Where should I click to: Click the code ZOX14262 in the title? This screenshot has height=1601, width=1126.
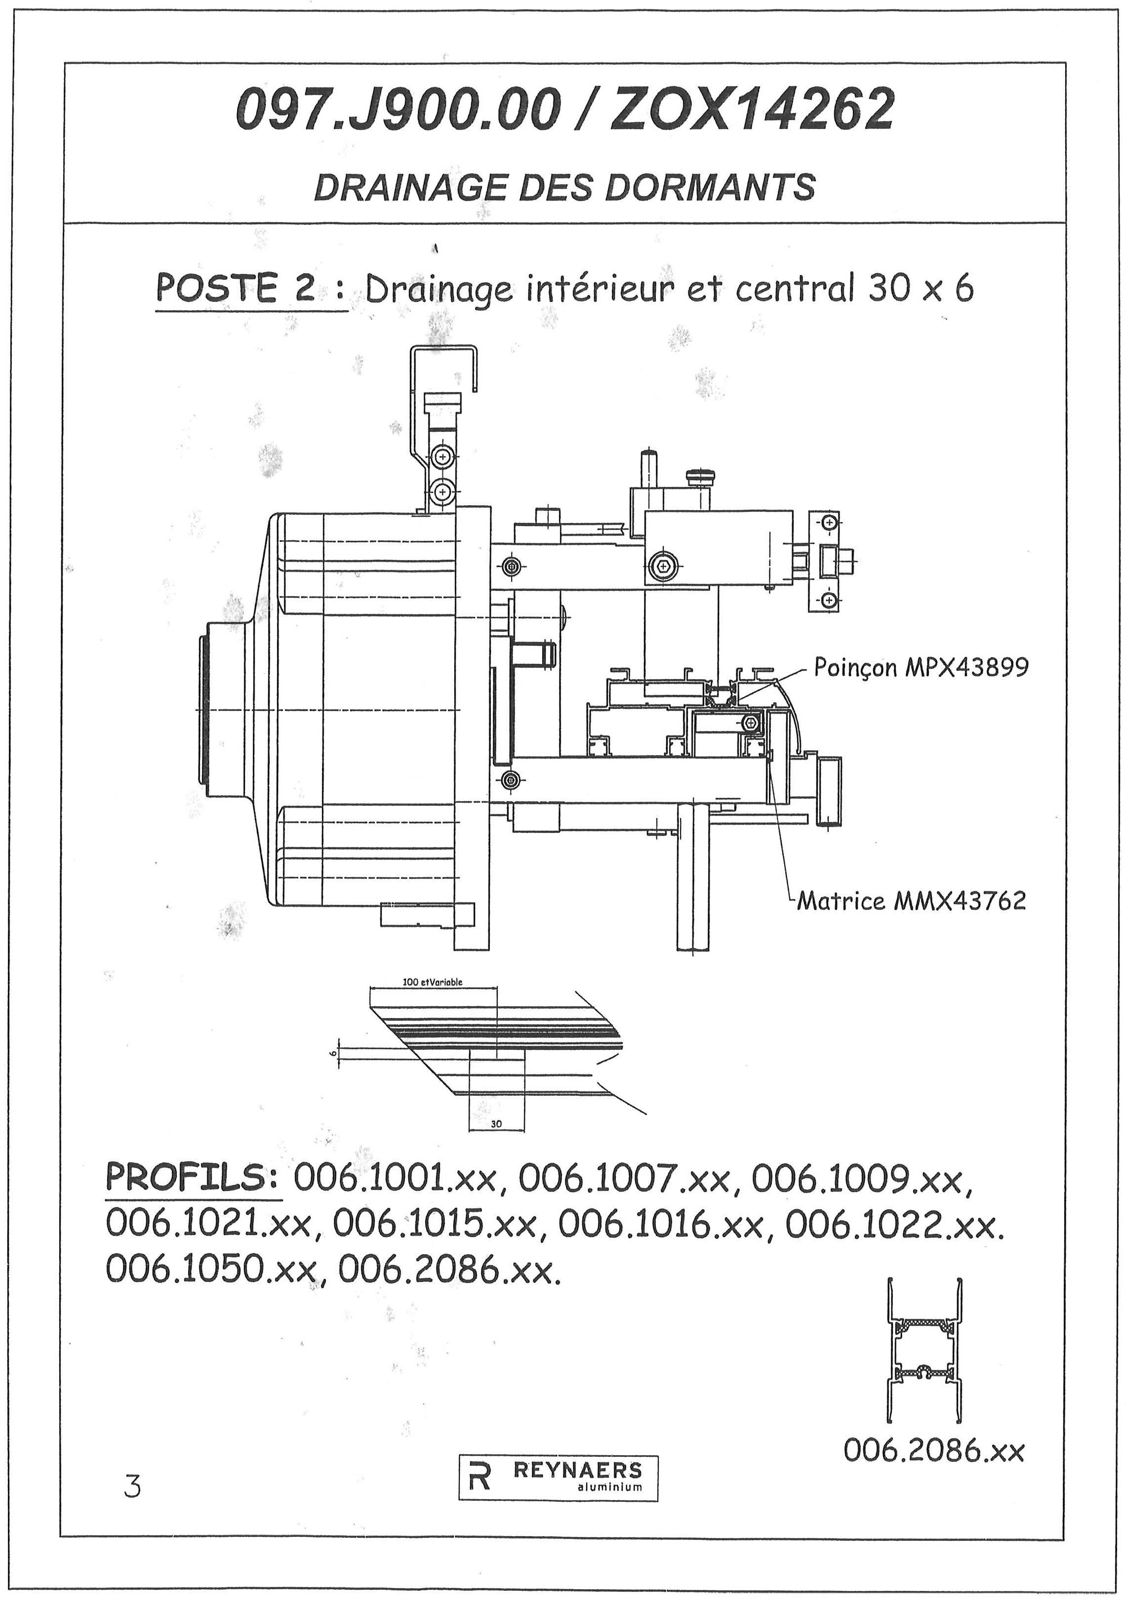[752, 110]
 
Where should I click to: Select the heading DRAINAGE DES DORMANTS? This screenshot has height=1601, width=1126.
[564, 187]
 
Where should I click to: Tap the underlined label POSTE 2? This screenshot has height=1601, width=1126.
[238, 289]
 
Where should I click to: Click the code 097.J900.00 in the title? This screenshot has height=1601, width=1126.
[399, 110]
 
